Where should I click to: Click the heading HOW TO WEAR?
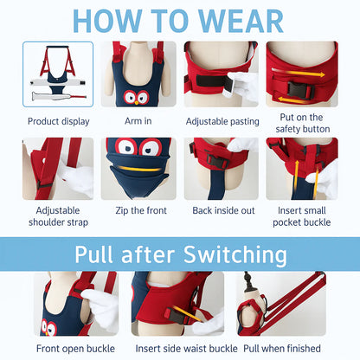179,20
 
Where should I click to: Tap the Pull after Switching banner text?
181,254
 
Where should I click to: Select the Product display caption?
58,121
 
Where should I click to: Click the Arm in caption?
138,121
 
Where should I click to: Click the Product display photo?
58,75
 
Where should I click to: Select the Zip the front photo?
138,169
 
